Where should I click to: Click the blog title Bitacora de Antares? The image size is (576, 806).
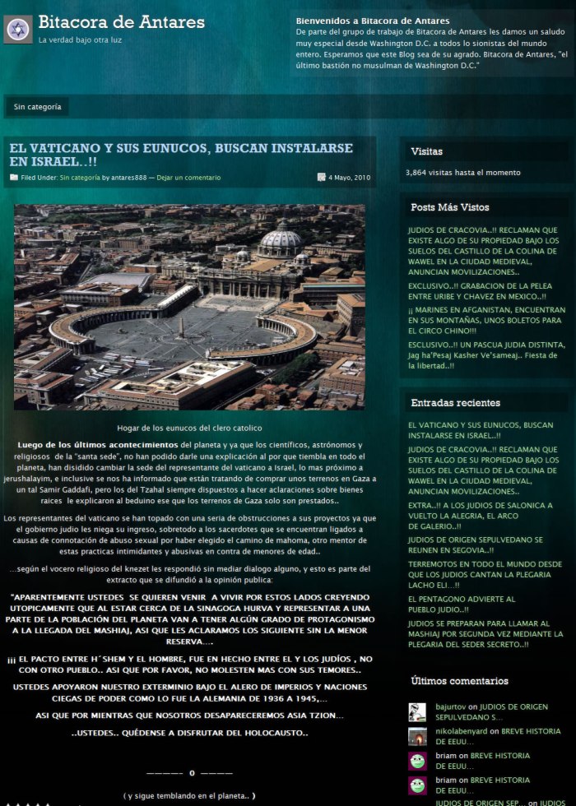121,23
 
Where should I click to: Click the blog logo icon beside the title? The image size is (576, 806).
18,30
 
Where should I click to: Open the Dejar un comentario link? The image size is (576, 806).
188,178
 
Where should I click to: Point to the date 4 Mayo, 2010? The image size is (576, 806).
351,178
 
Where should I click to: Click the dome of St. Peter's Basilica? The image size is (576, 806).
281,240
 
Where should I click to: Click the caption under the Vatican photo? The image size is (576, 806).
189,428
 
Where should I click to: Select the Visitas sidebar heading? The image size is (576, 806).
426,151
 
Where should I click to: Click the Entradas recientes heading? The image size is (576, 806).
455,403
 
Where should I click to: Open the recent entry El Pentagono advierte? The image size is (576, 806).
461,604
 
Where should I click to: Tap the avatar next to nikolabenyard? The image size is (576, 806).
417,736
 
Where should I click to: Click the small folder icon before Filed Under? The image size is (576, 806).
14,178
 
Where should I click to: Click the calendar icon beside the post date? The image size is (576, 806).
321,178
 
